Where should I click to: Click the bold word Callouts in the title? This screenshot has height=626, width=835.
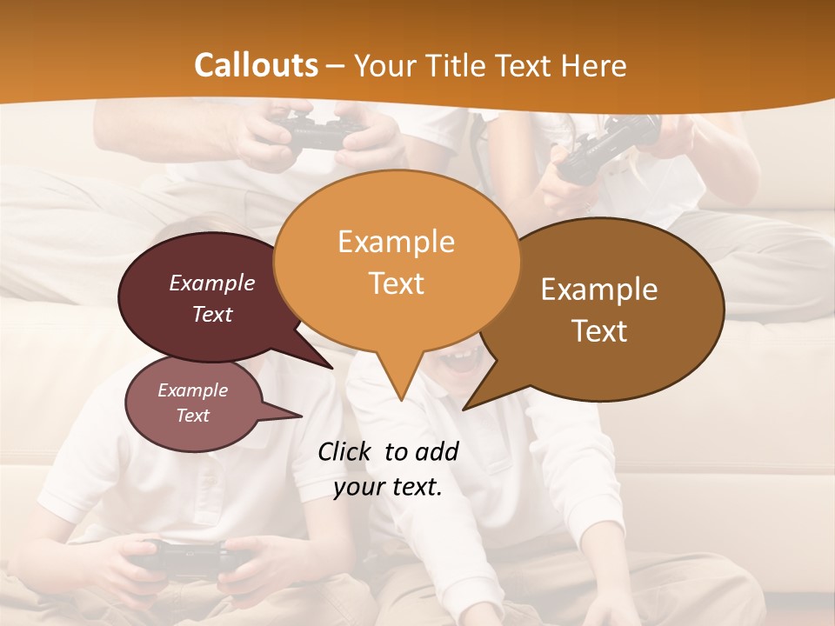256,65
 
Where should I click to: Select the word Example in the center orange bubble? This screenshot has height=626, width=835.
396,242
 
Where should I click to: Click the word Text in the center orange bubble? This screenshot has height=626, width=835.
396,283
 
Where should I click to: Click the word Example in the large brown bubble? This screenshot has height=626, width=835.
599,290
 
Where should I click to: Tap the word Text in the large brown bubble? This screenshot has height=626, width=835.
599,331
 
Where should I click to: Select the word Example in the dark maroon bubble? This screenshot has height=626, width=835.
211,283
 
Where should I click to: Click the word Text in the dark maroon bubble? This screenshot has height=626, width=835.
211,314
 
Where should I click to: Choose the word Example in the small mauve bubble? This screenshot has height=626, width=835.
192,390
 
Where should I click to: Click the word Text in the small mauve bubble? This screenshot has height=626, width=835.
192,416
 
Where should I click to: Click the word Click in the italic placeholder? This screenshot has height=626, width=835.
345,451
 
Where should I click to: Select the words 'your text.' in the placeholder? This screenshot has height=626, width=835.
388,488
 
